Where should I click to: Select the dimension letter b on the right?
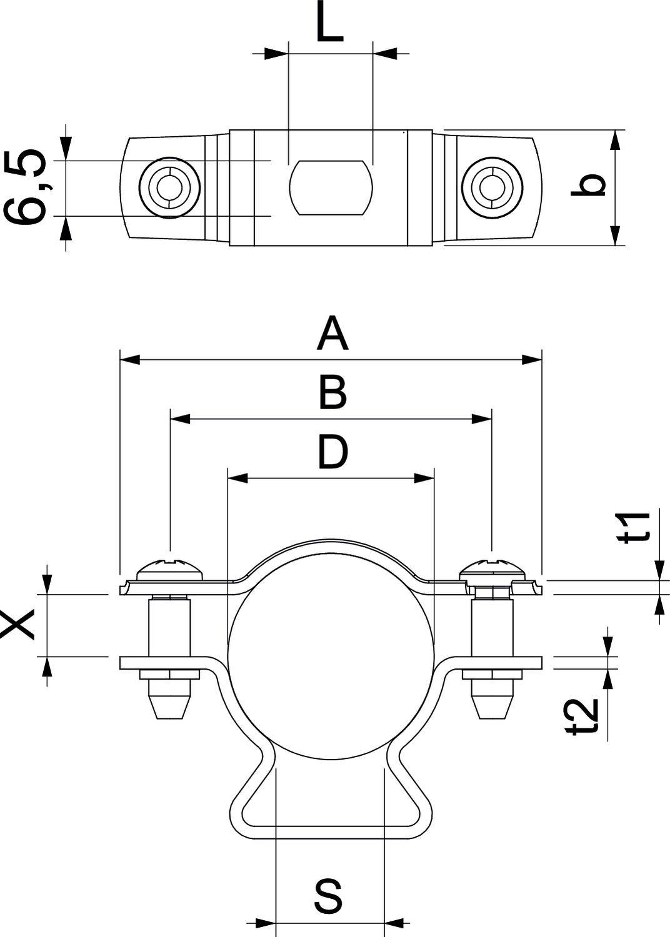589,186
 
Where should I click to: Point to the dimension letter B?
331,393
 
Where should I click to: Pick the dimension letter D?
332,452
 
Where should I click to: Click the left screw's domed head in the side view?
169,568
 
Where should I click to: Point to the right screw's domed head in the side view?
492,568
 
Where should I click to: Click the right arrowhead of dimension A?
532,360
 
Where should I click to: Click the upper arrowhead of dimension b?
615,140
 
